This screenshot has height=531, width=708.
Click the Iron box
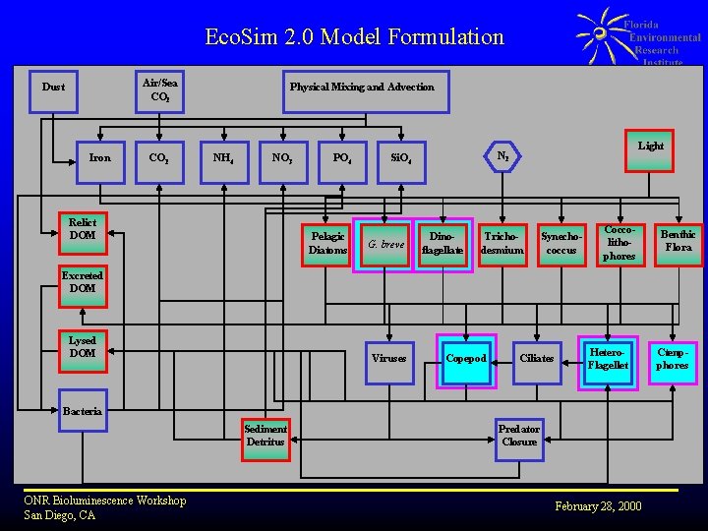click(100, 157)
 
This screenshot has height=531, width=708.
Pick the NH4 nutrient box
click(223, 157)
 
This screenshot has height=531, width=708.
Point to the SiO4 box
click(401, 157)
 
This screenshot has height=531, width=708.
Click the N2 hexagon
click(502, 156)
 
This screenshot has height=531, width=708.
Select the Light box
click(650, 147)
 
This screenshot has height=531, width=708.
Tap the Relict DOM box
click(83, 229)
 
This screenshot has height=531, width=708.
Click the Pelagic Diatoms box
click(327, 243)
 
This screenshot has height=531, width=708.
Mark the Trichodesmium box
click(502, 243)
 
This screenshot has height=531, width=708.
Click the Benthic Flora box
click(678, 242)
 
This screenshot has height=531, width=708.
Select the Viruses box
click(389, 359)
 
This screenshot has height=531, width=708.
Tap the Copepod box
click(466, 359)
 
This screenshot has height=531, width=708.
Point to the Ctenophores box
click(673, 359)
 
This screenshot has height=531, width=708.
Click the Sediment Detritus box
click(265, 436)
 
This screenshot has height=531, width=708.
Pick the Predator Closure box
click(519, 436)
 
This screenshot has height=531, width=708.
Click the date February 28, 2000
click(598, 506)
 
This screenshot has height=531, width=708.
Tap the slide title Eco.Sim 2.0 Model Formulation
click(354, 37)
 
